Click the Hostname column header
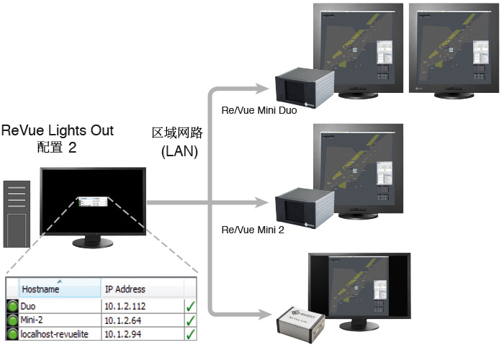(40, 289)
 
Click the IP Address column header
(125, 289)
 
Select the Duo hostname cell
(30, 305)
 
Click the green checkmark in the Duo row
(191, 305)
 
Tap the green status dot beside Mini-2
(12, 320)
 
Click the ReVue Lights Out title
(58, 131)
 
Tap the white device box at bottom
(303, 323)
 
